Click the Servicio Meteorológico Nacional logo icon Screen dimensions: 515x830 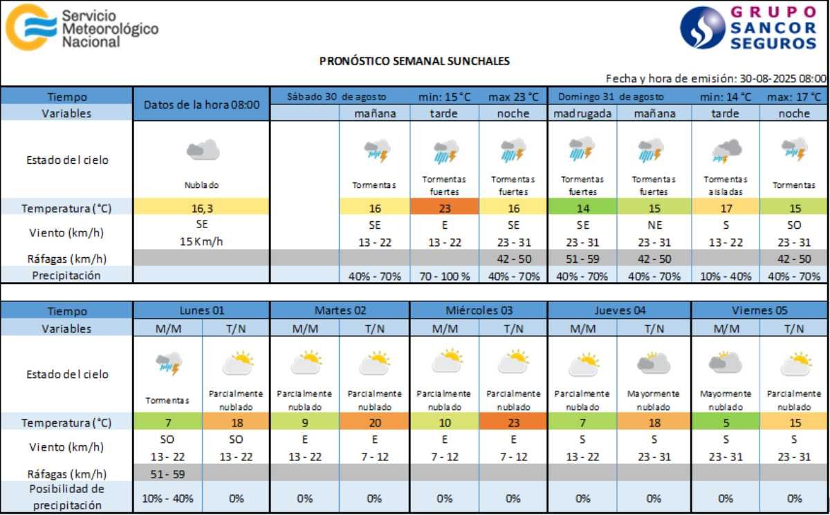30,27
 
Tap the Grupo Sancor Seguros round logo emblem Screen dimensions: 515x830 703,28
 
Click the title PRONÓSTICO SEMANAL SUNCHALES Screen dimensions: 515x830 414,61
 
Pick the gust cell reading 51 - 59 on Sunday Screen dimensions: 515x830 582,259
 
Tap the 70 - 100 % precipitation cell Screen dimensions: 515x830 444,276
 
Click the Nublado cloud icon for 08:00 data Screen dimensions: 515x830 202,149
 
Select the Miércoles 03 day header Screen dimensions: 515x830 479,310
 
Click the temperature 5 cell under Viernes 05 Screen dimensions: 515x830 726,422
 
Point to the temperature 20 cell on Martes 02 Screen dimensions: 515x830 374,422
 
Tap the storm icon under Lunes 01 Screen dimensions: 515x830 168,364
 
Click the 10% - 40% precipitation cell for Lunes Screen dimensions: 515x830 168,498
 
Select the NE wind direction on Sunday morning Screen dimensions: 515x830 654,225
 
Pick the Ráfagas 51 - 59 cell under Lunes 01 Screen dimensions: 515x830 168,474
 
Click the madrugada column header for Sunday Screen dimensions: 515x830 582,113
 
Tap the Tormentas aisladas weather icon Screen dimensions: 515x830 726,150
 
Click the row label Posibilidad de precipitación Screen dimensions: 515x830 66,497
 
